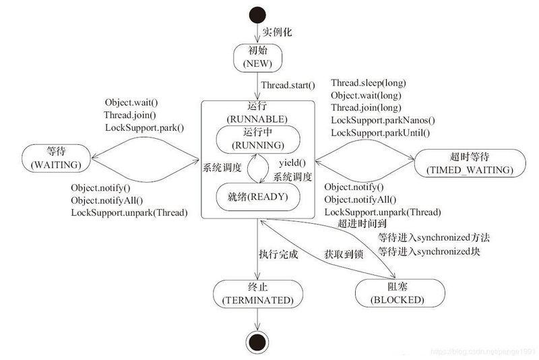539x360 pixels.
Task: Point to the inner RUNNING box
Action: point(257,138)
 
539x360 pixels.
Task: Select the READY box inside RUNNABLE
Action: point(257,197)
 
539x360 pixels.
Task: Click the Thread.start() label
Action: point(288,85)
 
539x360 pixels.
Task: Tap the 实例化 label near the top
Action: point(276,32)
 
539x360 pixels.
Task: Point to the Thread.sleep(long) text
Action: point(368,83)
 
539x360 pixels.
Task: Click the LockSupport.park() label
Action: point(144,127)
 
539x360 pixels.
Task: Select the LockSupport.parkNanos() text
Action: point(383,121)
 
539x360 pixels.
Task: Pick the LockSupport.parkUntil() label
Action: point(380,133)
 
